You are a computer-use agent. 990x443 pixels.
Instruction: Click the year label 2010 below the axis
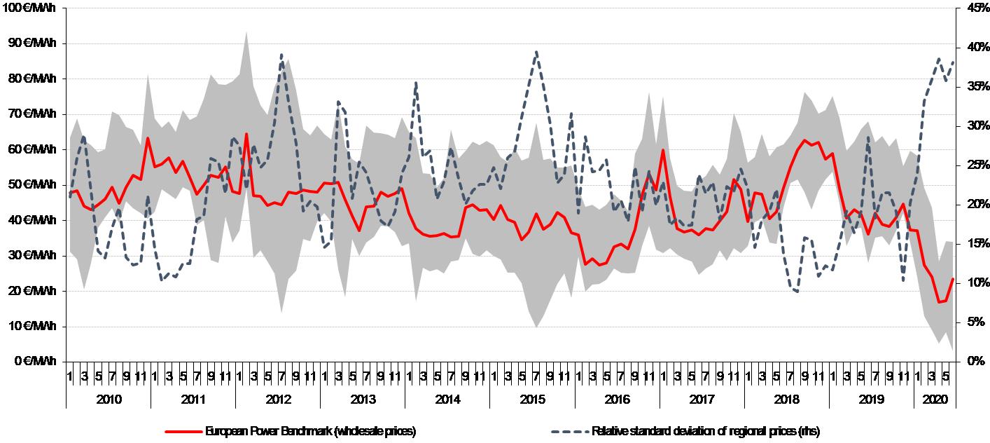109,400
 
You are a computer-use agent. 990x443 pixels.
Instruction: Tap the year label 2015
532,400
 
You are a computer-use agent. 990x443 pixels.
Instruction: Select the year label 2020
935,400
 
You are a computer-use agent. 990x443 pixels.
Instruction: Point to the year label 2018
786,400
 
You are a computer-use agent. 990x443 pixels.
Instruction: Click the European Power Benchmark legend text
311,431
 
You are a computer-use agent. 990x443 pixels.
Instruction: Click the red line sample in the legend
183,431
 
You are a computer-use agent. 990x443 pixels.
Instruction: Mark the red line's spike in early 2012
246,133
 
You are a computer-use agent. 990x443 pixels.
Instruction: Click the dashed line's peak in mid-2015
536,52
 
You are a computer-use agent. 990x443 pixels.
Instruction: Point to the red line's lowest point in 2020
939,302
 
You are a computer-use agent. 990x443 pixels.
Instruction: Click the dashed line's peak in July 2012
281,55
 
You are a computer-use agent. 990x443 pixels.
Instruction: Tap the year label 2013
363,400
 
